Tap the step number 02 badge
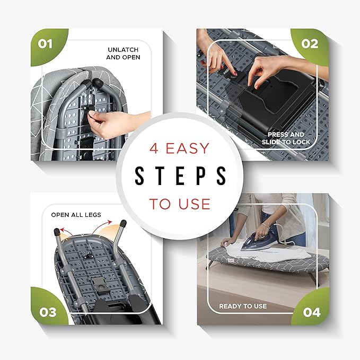coord(310,45)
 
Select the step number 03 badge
coord(48,312)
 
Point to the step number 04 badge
coord(311,312)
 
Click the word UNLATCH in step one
coord(123,50)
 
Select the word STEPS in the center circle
coord(180,175)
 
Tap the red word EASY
coord(187,148)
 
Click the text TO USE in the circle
coord(180,204)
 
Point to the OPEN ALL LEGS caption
coord(76,215)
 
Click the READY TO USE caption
coord(243,306)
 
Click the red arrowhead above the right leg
coord(110,222)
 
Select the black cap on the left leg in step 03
coord(57,232)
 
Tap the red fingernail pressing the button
coord(235,74)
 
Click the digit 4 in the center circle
coord(154,148)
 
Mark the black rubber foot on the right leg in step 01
coord(98,82)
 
